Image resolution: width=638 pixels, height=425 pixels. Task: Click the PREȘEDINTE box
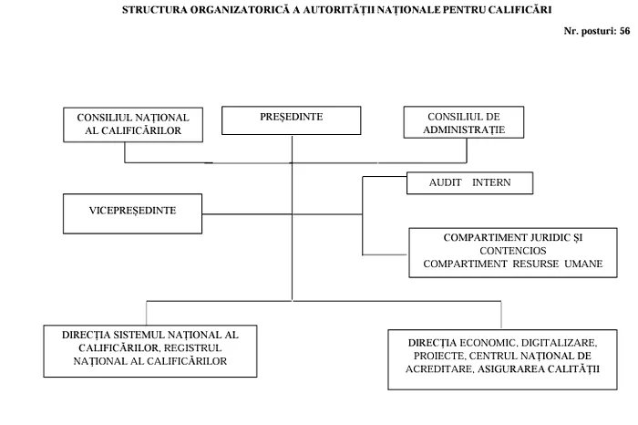point(292,120)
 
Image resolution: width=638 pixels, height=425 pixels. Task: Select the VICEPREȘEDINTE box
point(133,213)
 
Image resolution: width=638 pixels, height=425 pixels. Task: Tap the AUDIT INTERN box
point(470,183)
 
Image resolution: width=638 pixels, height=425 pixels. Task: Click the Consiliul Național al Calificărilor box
point(133,125)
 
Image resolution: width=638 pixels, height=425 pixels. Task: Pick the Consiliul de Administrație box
point(464,122)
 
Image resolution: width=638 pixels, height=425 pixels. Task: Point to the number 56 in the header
point(624,31)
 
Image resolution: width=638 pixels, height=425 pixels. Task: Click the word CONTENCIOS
point(512,251)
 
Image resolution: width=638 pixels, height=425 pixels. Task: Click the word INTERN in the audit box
point(491,182)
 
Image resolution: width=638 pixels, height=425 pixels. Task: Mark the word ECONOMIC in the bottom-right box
point(489,343)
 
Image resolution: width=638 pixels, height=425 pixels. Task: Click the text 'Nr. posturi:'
point(591,31)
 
